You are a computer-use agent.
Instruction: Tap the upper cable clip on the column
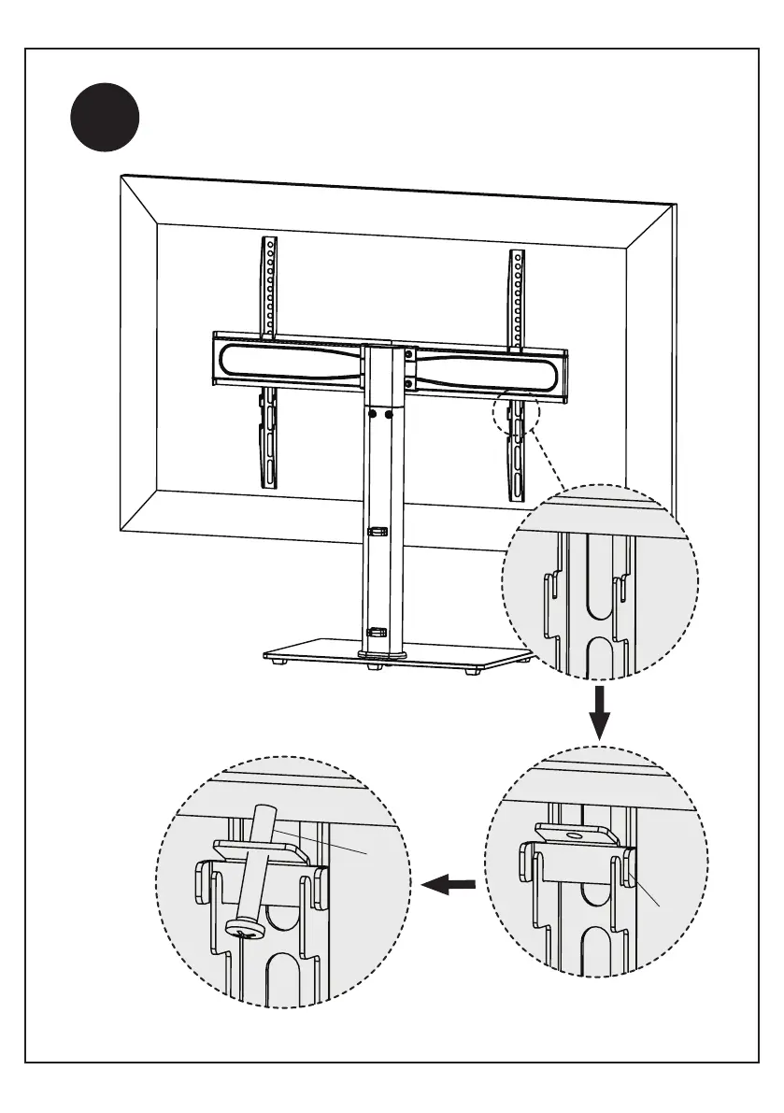[x=377, y=532]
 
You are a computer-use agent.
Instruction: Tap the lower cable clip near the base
[x=377, y=632]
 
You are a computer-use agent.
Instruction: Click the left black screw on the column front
[x=372, y=412]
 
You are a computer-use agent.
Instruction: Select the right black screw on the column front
[x=389, y=412]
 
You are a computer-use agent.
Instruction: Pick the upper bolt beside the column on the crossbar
[x=408, y=354]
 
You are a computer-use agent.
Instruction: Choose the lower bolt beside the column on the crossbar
[x=408, y=381]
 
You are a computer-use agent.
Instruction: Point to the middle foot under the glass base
[x=374, y=668]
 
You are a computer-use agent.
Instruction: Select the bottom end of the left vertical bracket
[x=267, y=484]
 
